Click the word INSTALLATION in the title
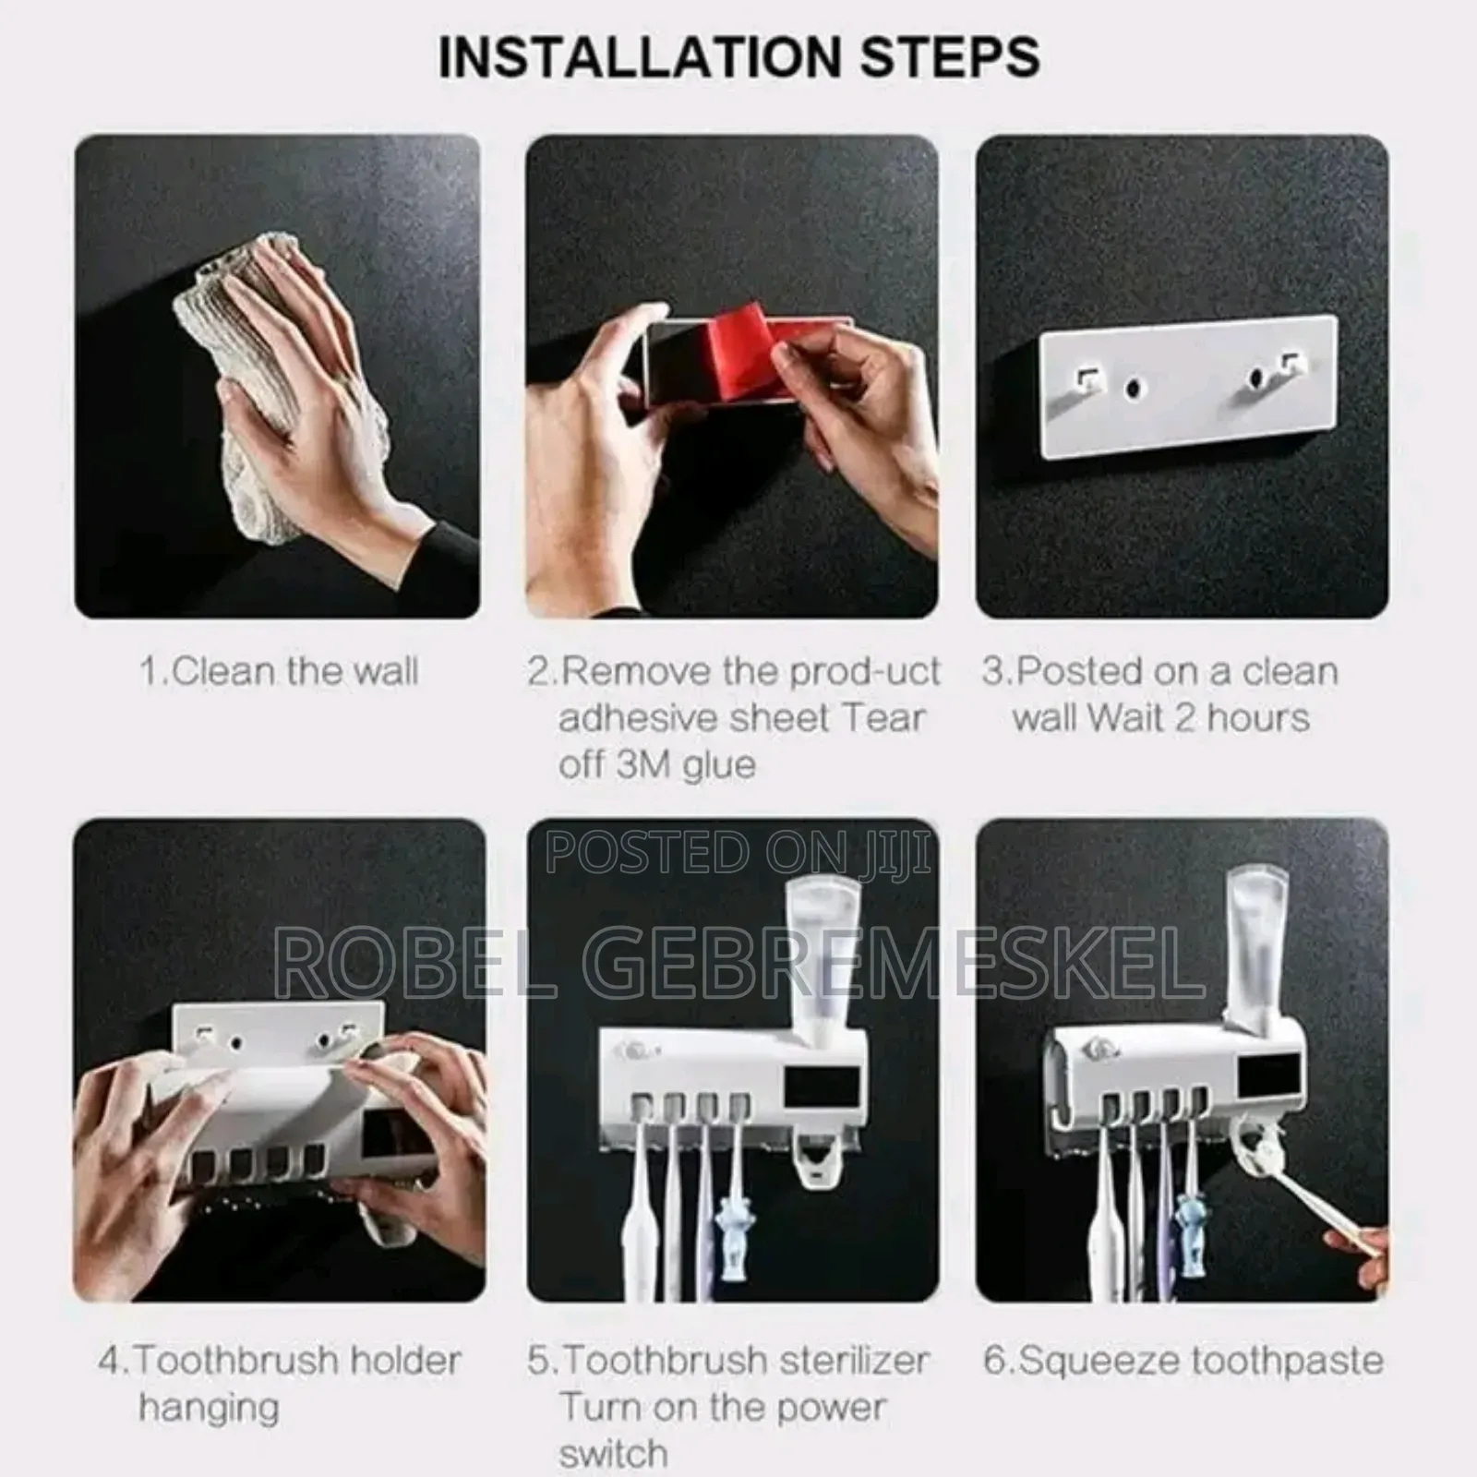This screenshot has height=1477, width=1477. (x=642, y=57)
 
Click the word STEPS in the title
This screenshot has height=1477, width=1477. (x=950, y=57)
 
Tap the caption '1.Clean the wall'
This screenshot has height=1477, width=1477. (x=279, y=671)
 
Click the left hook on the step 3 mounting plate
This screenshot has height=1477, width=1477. (x=1089, y=378)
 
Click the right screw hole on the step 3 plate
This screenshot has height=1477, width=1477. (x=1256, y=378)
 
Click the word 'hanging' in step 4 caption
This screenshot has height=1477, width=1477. (x=209, y=1408)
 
